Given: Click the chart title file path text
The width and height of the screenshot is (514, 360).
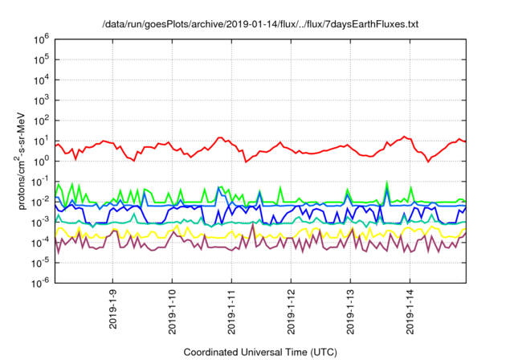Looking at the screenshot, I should [x=260, y=25].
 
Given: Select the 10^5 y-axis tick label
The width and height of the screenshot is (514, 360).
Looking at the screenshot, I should [x=43, y=59].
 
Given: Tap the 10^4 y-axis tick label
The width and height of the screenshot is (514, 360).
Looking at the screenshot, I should [x=43, y=79].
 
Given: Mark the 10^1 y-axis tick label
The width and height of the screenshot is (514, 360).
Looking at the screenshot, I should [x=43, y=140].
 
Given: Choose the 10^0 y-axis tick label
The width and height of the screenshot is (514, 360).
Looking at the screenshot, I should [x=43, y=161].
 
